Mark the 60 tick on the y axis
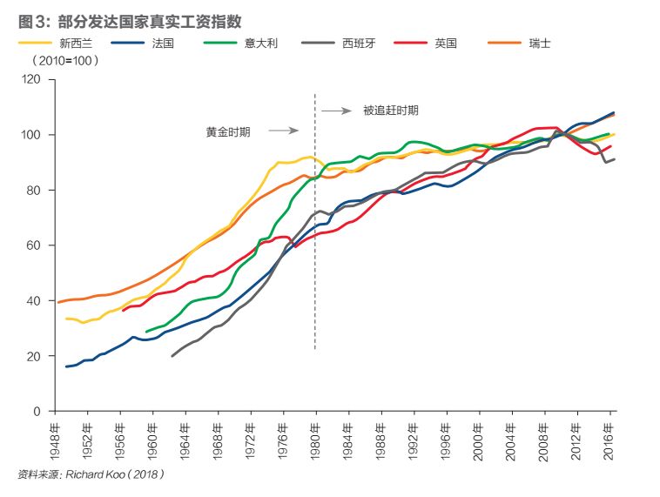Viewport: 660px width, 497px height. coord(36,245)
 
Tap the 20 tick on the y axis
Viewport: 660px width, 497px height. coord(36,356)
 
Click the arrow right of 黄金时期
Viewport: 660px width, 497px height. coord(283,131)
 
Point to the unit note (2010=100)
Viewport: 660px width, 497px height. coord(65,61)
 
